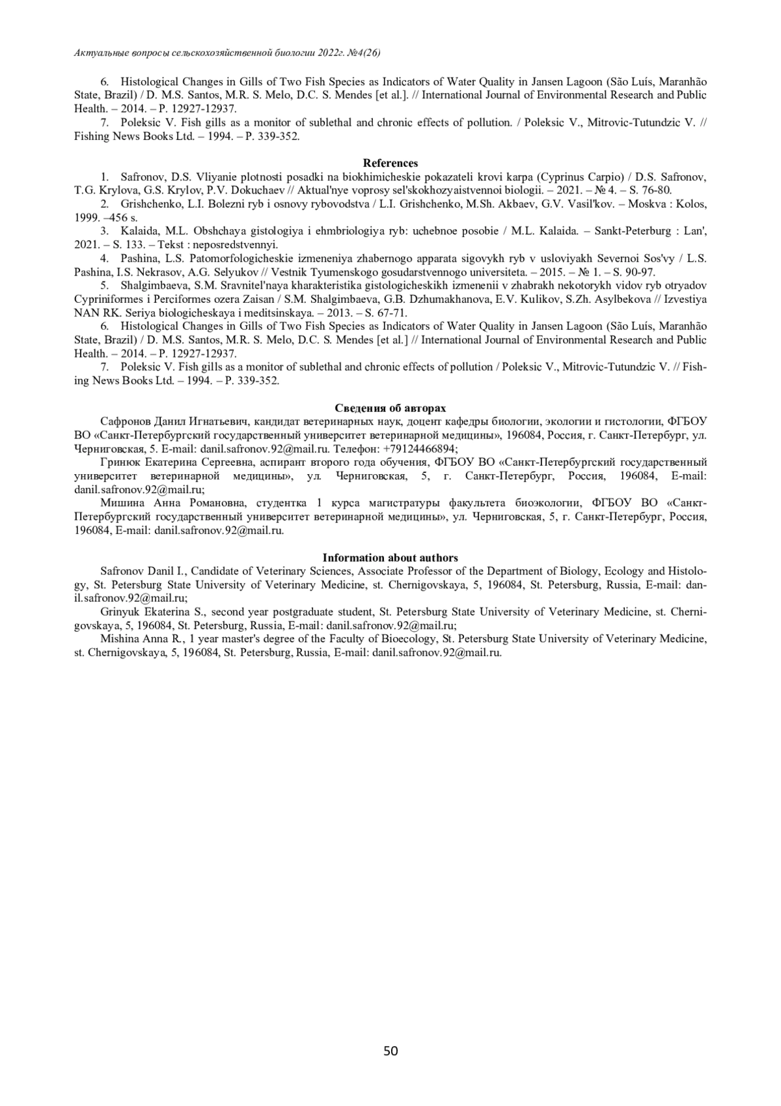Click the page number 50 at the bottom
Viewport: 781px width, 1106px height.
390,1051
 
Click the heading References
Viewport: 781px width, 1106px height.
390,163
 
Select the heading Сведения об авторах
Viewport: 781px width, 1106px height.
390,408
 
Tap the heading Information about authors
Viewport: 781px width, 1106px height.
390,558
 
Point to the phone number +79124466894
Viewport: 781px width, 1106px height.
419,449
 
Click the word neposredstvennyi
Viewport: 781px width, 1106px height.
239,245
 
